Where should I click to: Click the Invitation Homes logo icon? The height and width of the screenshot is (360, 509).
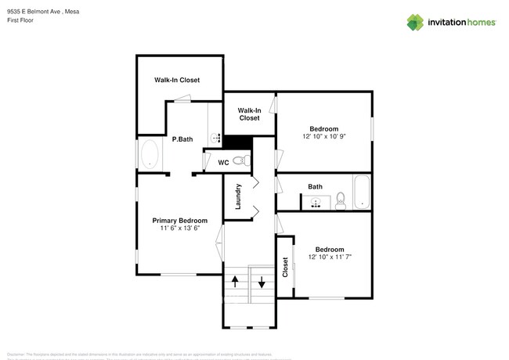click(x=415, y=22)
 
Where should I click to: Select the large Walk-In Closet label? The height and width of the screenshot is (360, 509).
click(x=176, y=80)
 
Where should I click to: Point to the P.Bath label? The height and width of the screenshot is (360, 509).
click(x=182, y=139)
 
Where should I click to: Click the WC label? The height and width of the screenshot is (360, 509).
click(x=223, y=163)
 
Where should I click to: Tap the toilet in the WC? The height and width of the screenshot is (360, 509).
click(x=244, y=161)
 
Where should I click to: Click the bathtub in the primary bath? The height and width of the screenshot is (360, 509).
click(x=149, y=155)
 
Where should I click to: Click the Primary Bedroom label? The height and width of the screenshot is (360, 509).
click(x=180, y=221)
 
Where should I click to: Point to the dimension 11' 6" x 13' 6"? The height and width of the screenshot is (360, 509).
click(x=180, y=229)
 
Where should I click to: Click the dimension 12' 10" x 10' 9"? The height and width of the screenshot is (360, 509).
click(x=323, y=136)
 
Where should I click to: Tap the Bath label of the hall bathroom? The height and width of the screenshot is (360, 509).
click(x=315, y=186)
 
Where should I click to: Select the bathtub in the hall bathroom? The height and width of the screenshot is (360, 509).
click(x=361, y=193)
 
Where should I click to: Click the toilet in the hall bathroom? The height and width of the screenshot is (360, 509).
click(x=340, y=202)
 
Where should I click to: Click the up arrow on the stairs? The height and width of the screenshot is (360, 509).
click(x=234, y=282)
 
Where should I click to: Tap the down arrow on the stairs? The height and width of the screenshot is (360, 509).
click(x=262, y=283)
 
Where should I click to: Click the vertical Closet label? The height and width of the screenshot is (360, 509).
click(x=285, y=268)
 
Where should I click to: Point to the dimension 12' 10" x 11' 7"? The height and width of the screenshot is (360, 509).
click(x=323, y=257)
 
